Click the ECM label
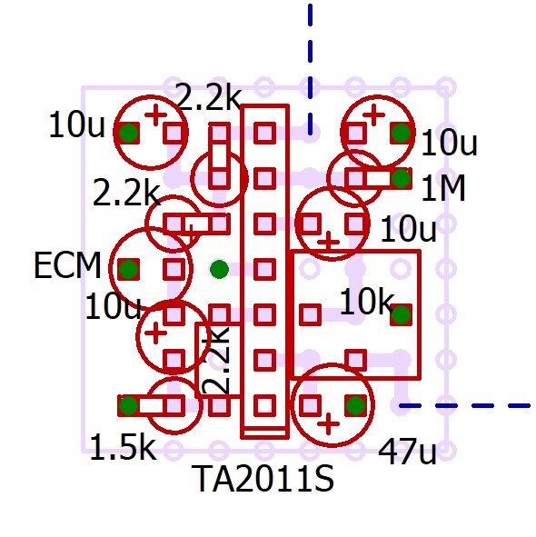(67, 265)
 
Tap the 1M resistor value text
(443, 188)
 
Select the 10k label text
(366, 301)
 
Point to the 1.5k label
(123, 446)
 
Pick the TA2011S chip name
(263, 478)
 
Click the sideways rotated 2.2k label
(216, 360)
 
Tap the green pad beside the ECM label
(128, 269)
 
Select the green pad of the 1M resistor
(401, 178)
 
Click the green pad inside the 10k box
(401, 314)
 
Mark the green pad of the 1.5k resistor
(128, 405)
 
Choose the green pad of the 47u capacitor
(355, 405)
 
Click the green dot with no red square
(219, 269)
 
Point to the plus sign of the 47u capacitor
(329, 424)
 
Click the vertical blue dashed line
(311, 68)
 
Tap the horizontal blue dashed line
(465, 406)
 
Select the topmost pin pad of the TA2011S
(264, 133)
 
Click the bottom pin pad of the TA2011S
(264, 405)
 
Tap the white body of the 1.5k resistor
(152, 406)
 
